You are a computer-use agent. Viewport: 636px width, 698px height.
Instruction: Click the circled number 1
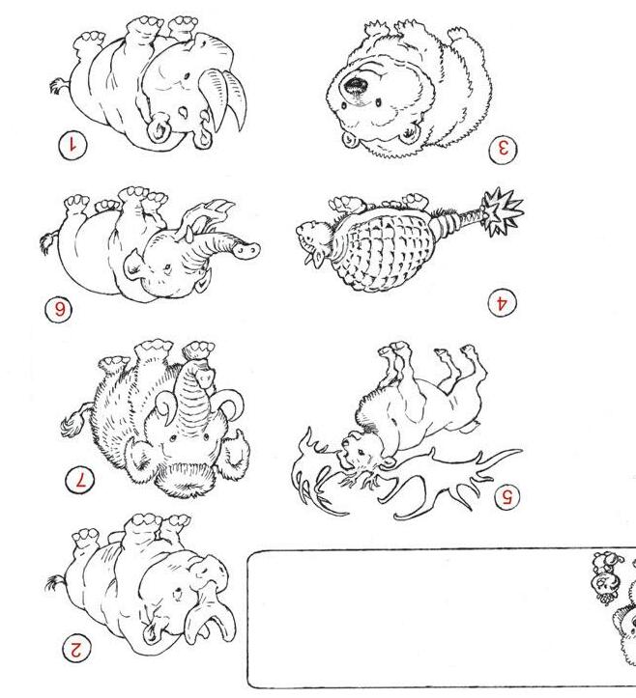click(72, 146)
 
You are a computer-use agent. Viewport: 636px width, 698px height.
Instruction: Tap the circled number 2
click(75, 649)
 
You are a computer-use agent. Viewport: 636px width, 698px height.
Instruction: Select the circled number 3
click(503, 150)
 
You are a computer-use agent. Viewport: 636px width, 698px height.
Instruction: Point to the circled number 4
click(502, 303)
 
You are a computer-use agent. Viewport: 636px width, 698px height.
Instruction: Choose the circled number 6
click(59, 309)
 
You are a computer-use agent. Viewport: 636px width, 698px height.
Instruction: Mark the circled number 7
click(80, 481)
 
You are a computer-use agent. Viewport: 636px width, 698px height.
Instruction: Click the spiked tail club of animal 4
click(502, 211)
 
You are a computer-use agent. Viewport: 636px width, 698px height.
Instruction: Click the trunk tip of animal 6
click(246, 249)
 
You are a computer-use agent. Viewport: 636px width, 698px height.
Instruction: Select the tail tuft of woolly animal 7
click(72, 424)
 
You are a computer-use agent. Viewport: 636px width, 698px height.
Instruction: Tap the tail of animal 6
click(48, 242)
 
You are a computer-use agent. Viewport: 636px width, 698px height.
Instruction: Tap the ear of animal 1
click(159, 127)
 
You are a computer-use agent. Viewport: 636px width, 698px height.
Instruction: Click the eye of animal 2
click(178, 594)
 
